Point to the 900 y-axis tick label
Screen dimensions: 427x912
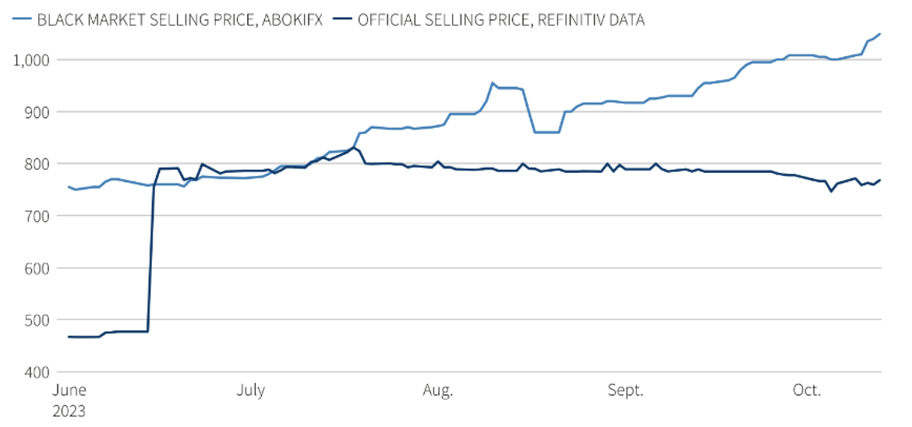click(35, 111)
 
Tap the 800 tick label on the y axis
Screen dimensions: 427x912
click(35, 164)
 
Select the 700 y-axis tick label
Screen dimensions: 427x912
click(35, 216)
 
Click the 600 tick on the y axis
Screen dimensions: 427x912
click(35, 268)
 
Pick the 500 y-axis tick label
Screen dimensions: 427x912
click(35, 319)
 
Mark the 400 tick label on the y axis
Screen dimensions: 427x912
click(35, 372)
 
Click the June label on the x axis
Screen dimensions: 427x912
click(69, 390)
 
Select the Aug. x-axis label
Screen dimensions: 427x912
click(438, 390)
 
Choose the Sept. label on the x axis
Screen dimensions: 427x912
click(626, 390)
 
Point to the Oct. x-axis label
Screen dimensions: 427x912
click(808, 390)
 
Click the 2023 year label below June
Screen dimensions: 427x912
click(69, 411)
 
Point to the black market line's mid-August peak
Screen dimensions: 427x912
click(493, 83)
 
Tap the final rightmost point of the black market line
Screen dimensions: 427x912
click(879, 34)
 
